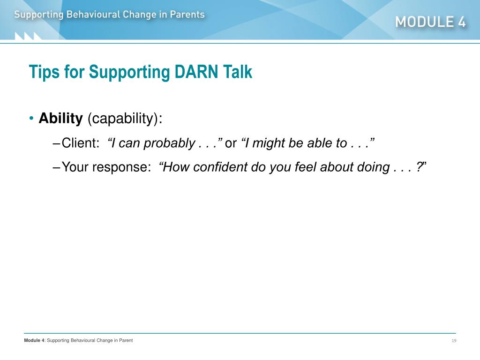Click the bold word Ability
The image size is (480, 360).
[x=60, y=119]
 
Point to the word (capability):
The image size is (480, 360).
[x=125, y=119]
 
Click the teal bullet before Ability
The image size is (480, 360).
[x=31, y=119]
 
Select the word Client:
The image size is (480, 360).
[x=81, y=143]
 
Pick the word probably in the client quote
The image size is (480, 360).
[x=169, y=143]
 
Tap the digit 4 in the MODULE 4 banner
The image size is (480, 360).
[x=462, y=22]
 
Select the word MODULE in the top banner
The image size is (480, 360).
[x=425, y=22]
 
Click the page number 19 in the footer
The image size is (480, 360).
[x=454, y=341]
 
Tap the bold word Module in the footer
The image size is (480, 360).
[x=32, y=340]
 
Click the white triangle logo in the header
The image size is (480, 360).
[x=28, y=36]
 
